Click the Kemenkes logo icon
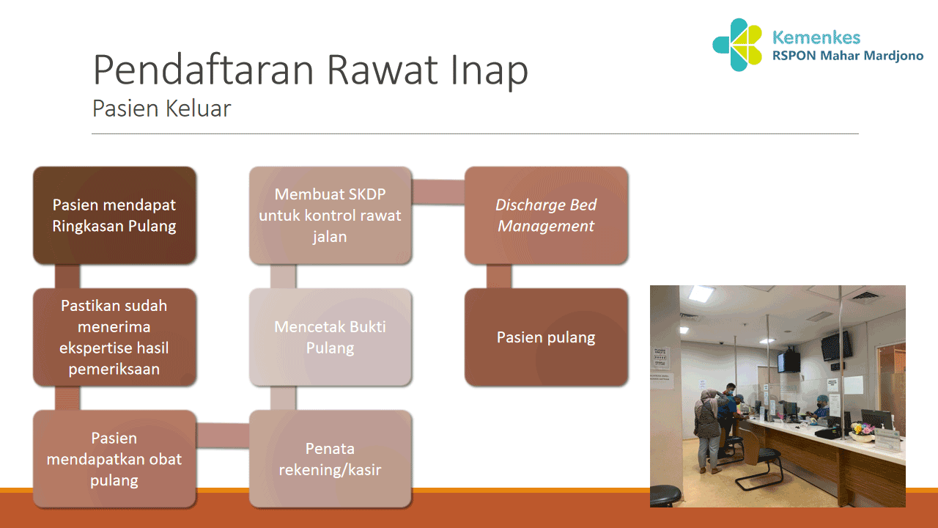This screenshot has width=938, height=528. [739, 45]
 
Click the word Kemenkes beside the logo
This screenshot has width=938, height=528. [816, 37]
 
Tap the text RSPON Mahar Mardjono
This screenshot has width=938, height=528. [847, 56]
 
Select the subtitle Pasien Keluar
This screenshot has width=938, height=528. [161, 109]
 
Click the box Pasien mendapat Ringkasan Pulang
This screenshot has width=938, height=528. [114, 215]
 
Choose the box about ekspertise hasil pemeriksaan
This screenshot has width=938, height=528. [114, 337]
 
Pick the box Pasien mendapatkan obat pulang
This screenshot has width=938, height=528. [114, 458]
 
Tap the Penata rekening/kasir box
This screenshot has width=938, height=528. [330, 458]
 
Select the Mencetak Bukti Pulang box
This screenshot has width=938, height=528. [330, 337]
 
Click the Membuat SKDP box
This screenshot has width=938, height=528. [330, 215]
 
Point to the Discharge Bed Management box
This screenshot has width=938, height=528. [546, 215]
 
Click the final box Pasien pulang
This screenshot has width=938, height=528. [546, 337]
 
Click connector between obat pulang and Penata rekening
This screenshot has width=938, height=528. [223, 436]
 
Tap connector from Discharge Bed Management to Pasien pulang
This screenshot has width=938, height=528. [499, 276]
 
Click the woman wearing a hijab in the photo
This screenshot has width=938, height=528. [708, 425]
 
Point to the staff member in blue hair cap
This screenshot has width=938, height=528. [821, 408]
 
